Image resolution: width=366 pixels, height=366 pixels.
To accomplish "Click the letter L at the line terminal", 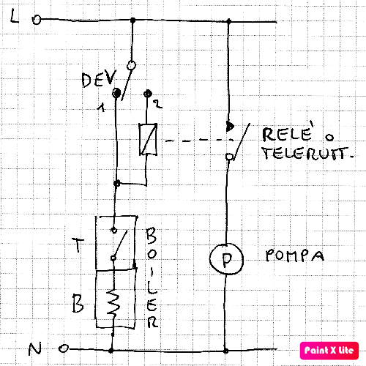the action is (x=14, y=17).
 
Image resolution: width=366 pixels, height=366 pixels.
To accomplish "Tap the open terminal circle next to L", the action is (x=37, y=20).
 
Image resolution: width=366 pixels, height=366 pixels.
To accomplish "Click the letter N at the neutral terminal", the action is (x=34, y=349).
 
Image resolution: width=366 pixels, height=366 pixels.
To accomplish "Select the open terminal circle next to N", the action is (x=64, y=348).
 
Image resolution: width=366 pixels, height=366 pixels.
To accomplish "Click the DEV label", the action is (x=99, y=78).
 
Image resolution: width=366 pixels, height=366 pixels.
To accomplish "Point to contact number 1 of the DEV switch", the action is (x=116, y=93).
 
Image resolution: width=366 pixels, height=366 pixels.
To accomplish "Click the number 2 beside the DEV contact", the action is (x=157, y=104).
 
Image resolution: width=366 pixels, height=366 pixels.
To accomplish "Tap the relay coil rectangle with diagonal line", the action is (x=148, y=139).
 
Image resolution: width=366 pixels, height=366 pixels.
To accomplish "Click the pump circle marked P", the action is (x=226, y=258).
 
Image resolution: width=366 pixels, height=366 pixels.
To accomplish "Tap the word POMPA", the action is (x=295, y=255).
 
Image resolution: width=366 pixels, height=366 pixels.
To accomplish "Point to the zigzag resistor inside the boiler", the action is (x=113, y=302).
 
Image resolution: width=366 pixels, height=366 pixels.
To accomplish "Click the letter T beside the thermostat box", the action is (x=78, y=245).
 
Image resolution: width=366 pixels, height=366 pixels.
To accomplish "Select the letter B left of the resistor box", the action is (x=78, y=303).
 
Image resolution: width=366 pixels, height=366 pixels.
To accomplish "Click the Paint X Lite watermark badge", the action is (x=329, y=351).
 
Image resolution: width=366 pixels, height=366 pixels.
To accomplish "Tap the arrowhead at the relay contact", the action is (x=230, y=126).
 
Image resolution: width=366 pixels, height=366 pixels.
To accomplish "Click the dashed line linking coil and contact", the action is (x=199, y=140).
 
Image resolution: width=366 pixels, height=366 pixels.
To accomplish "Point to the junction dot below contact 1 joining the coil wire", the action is (x=117, y=183).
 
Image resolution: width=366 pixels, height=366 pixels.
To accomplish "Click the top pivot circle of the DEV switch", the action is (x=131, y=65).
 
